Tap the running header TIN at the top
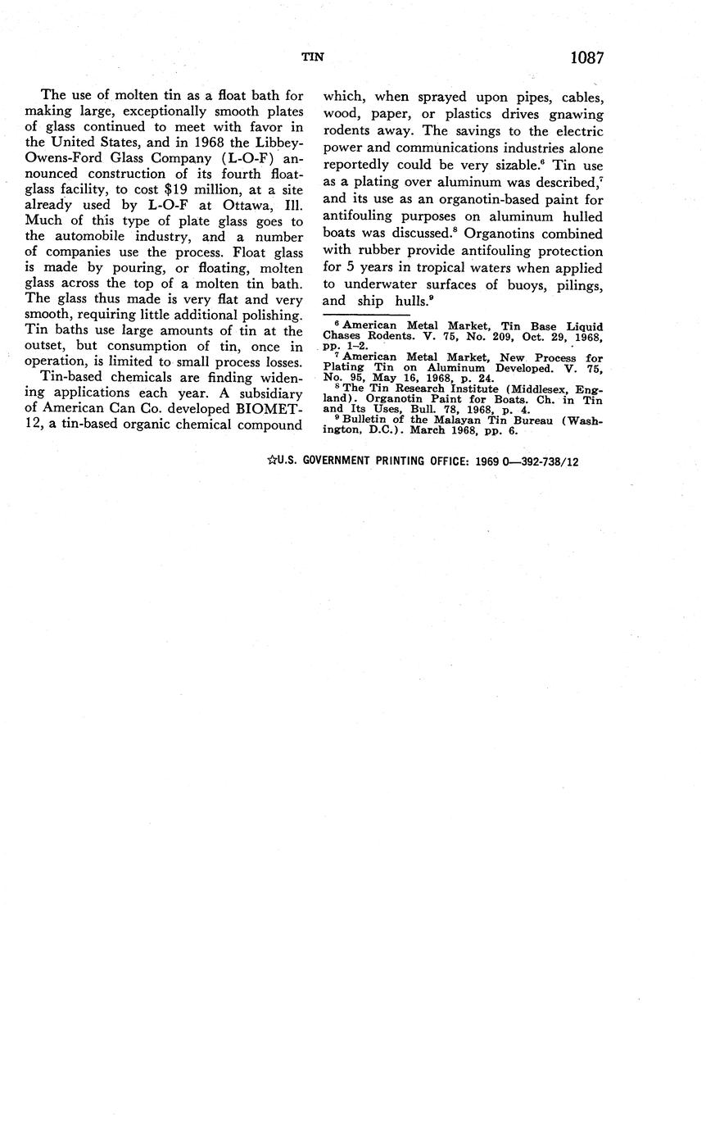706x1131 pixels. pos(313,57)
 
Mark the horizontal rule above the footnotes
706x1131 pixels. pos(365,315)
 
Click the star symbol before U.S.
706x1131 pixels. pos(271,461)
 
